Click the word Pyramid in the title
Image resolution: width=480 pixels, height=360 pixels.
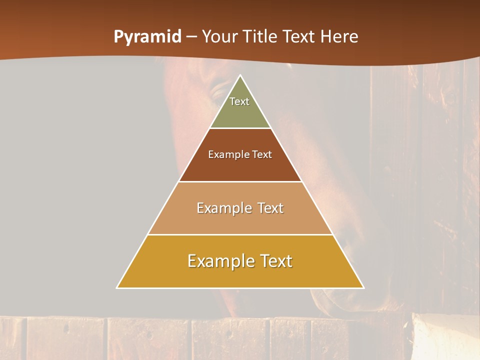point(147,37)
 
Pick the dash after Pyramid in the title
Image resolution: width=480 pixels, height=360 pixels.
point(191,37)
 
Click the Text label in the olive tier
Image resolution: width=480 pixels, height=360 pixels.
point(239,101)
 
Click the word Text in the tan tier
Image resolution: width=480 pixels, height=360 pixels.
point(270,208)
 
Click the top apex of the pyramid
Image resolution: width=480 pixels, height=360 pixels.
point(240,75)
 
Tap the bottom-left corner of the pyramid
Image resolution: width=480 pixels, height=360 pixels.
point(117,287)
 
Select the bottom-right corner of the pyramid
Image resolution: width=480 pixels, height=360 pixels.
point(363,287)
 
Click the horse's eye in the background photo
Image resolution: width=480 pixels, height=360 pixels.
point(218,92)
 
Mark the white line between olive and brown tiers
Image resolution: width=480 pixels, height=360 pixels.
point(240,128)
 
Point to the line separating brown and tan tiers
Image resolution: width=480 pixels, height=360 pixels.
point(240,181)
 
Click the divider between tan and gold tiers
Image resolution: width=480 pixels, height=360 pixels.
point(240,234)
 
